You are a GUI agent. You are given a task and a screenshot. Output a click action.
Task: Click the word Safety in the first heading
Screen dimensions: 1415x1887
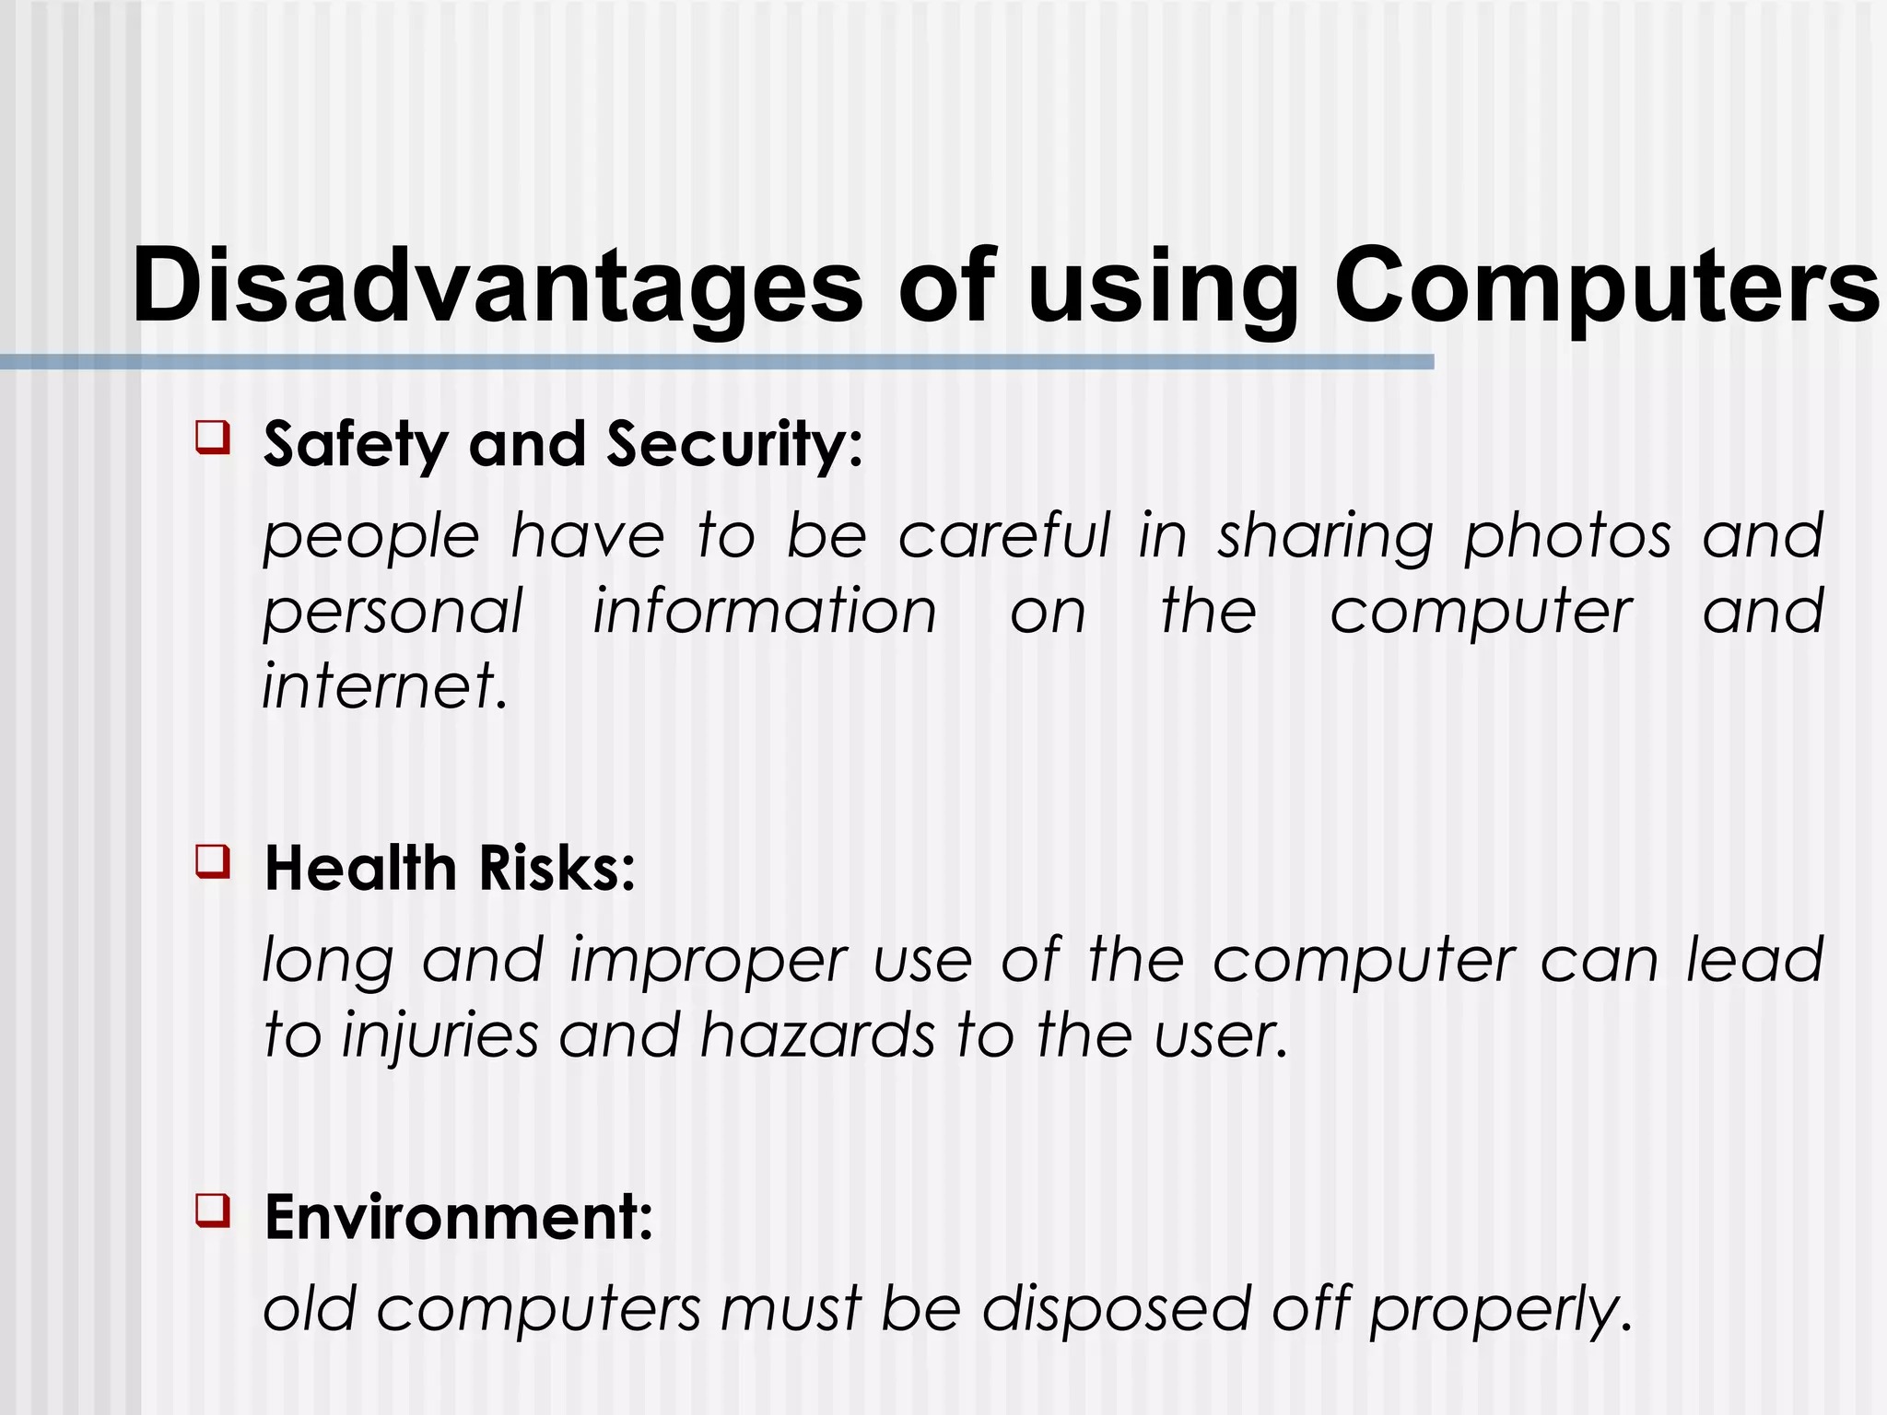(x=356, y=445)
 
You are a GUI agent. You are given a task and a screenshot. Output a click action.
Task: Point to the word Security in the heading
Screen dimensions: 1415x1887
(x=734, y=445)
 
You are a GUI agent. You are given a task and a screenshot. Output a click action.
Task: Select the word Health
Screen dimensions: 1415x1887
(x=360, y=868)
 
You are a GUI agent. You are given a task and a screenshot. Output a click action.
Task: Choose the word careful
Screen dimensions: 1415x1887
(x=1004, y=536)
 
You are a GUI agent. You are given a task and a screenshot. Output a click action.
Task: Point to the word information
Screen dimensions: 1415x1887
(x=764, y=612)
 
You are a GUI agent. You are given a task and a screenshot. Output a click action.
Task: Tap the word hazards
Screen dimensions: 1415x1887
(x=817, y=1035)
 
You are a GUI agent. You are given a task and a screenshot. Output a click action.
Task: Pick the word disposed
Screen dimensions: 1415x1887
(x=1116, y=1309)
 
